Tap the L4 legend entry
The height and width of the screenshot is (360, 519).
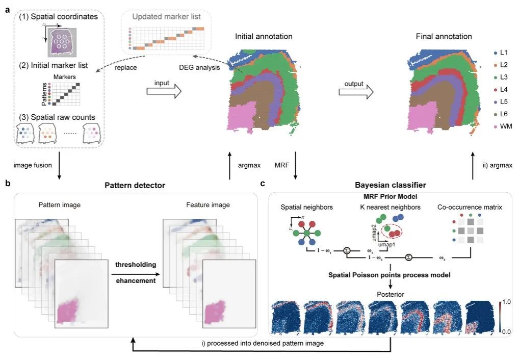click(x=504, y=89)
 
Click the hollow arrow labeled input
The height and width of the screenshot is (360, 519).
click(x=164, y=92)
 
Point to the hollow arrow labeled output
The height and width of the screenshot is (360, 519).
click(x=356, y=92)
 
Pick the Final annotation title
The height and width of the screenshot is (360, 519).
click(x=444, y=37)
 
